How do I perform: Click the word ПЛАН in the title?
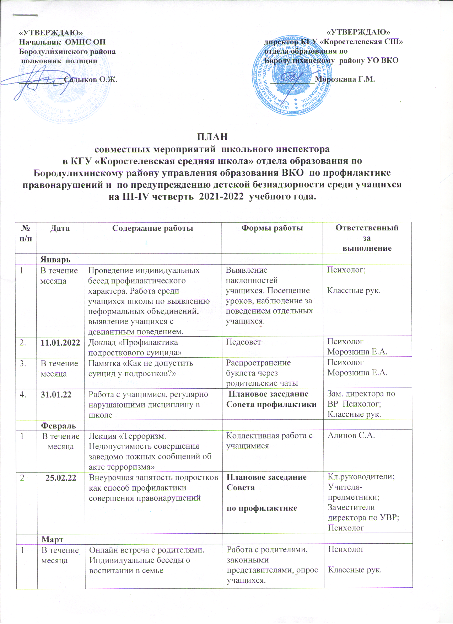click(x=212, y=137)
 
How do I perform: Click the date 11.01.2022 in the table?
click(x=60, y=343)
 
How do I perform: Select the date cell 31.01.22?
click(x=56, y=394)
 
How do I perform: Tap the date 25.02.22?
click(x=61, y=478)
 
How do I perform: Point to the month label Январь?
click(x=55, y=259)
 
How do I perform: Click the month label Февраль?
click(x=58, y=425)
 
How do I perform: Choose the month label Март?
click(x=52, y=539)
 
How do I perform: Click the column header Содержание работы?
click(x=152, y=228)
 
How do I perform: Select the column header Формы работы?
click(x=272, y=228)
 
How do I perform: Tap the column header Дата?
click(x=60, y=228)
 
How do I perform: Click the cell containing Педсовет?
click(x=243, y=342)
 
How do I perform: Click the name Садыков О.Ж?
click(x=91, y=79)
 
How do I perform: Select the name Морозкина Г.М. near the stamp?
click(x=345, y=79)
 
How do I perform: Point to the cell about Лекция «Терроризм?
click(x=150, y=451)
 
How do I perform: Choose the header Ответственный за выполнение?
click(x=367, y=238)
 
